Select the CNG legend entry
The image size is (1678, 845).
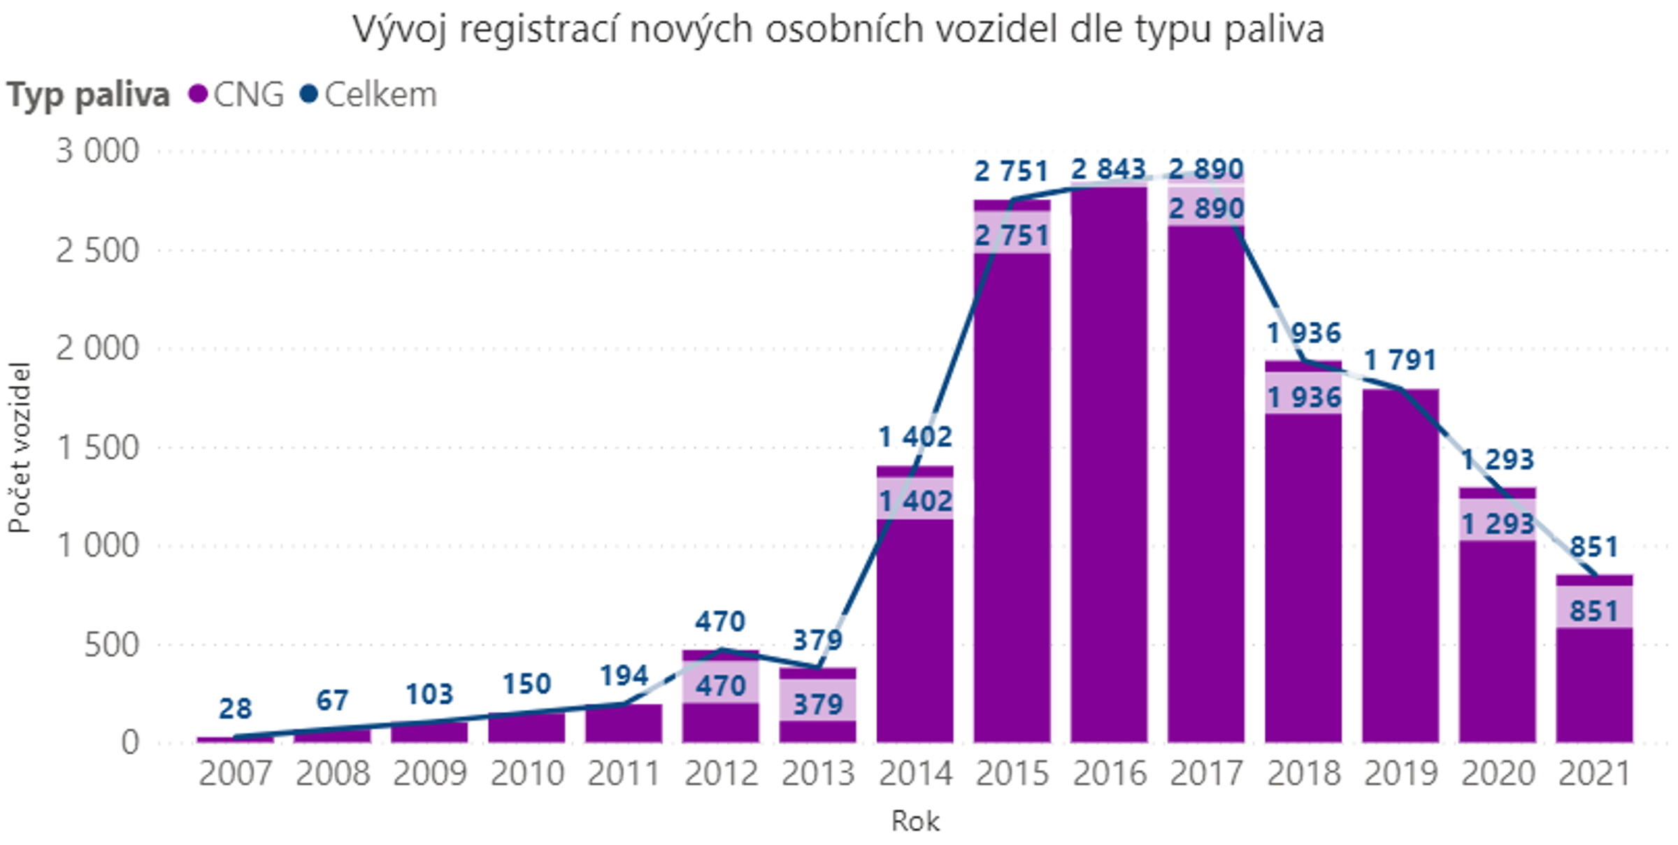(238, 94)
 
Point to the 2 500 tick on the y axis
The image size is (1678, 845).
(97, 251)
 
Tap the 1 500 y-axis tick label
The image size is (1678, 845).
(97, 448)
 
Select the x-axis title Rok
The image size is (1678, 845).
(915, 821)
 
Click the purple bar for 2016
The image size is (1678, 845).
(1109, 489)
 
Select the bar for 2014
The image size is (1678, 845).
(915, 629)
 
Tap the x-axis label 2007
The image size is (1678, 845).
(235, 774)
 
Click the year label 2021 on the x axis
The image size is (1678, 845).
(1594, 774)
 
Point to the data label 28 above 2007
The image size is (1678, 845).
(235, 709)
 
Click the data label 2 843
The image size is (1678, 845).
(1109, 169)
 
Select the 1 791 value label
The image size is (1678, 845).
(1400, 361)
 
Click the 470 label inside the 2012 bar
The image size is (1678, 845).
(721, 686)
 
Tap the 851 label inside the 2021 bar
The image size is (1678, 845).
(1594, 612)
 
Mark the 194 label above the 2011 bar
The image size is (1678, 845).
(624, 676)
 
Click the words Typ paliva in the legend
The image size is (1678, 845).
(88, 94)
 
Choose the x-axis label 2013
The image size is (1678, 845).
(818, 774)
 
